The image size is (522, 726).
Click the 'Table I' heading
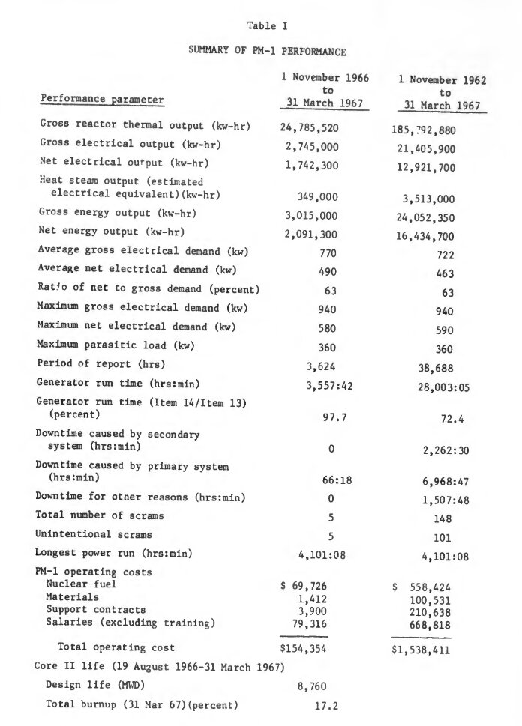[x=262, y=26]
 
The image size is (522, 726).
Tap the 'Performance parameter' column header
[x=101, y=99]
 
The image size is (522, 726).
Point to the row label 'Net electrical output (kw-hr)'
[x=114, y=161]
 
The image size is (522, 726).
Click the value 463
[x=445, y=275]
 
